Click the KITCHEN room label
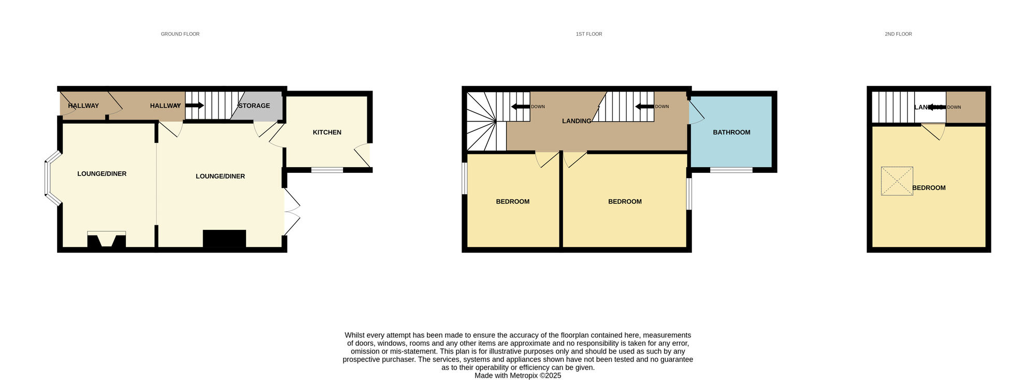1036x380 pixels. pos(327,133)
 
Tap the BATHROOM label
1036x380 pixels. pos(731,133)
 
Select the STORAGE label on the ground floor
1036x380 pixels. pos(254,106)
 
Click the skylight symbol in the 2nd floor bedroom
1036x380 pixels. pos(897,181)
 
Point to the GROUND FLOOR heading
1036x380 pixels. pos(180,34)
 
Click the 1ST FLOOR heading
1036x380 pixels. pos(589,34)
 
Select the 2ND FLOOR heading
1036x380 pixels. pos(898,34)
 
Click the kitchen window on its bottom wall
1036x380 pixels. pos(327,170)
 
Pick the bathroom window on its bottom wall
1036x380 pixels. pos(731,170)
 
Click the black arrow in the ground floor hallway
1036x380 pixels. pos(194,106)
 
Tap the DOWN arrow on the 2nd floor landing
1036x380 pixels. pos(935,107)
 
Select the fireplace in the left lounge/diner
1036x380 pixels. pos(106,241)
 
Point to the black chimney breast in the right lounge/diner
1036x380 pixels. pos(224,239)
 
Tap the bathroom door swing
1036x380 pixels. pos(695,113)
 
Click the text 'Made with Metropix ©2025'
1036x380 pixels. pos(517,376)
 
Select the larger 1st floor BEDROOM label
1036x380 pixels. pos(625,202)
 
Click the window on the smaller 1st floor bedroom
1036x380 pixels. pos(465,179)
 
